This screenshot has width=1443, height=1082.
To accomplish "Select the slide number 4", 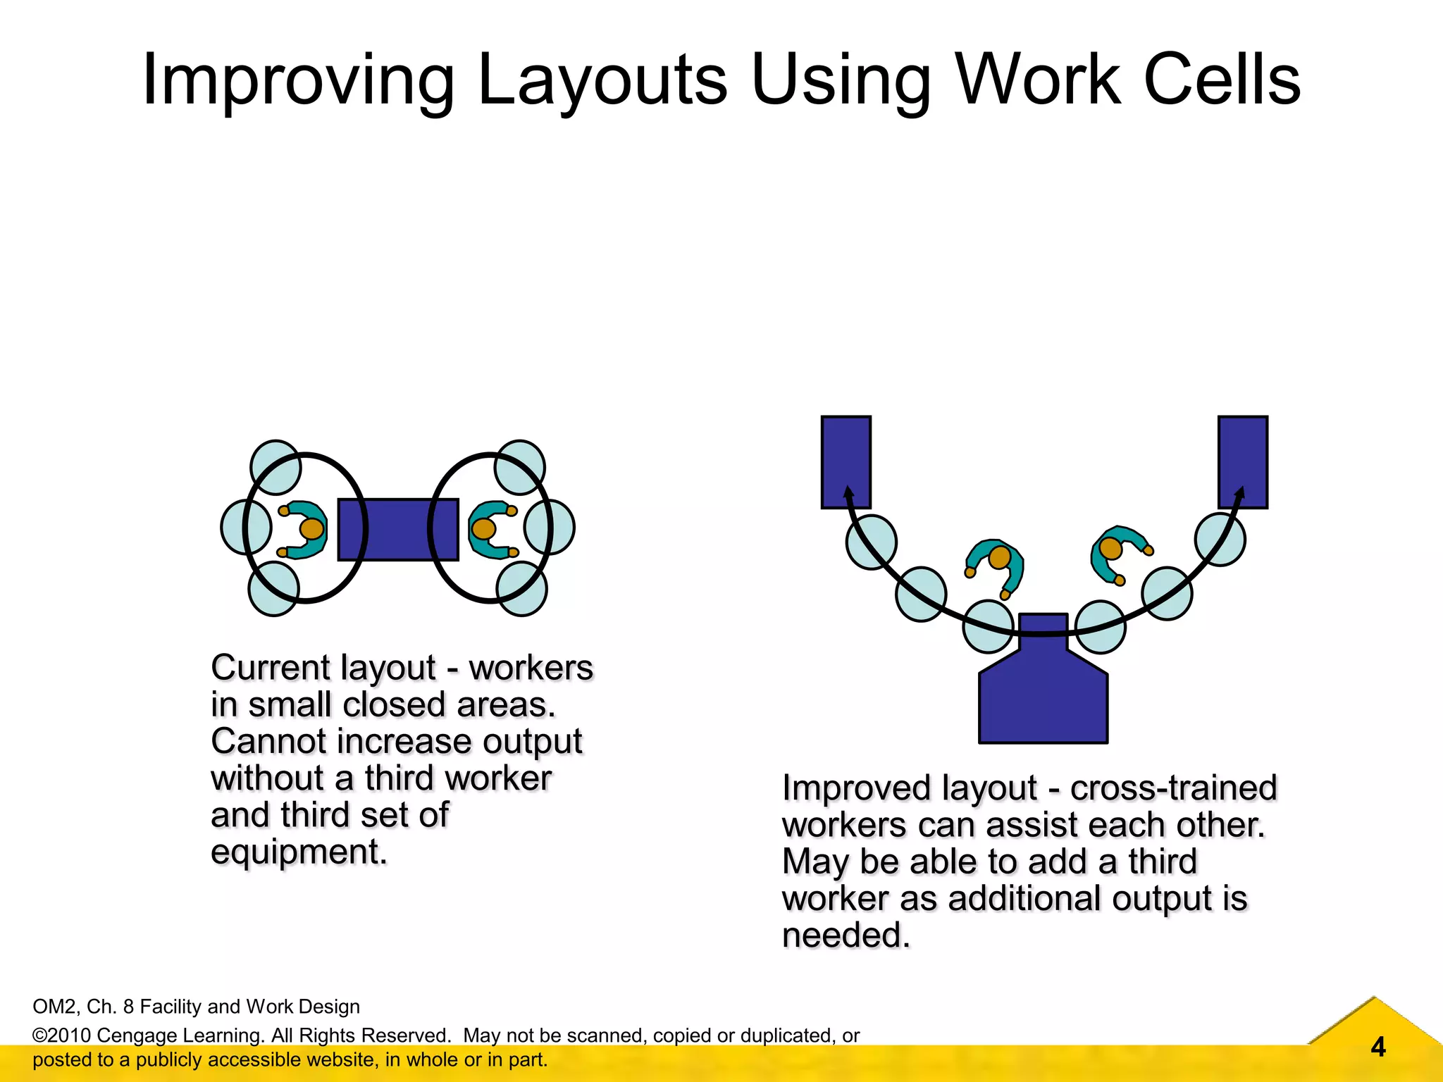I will click(x=1378, y=1047).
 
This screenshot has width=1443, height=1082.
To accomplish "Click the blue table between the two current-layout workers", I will click(x=398, y=530).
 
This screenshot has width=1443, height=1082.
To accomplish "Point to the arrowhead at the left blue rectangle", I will click(x=848, y=492).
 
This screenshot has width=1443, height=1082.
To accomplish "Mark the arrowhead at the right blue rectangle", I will click(x=1240, y=492).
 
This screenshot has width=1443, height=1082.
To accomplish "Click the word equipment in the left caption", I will click(x=299, y=852).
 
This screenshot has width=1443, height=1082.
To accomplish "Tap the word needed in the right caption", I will click(x=846, y=935).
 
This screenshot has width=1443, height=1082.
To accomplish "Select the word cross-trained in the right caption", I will click(x=1173, y=788).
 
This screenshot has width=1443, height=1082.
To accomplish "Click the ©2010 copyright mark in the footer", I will click(x=62, y=1036).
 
